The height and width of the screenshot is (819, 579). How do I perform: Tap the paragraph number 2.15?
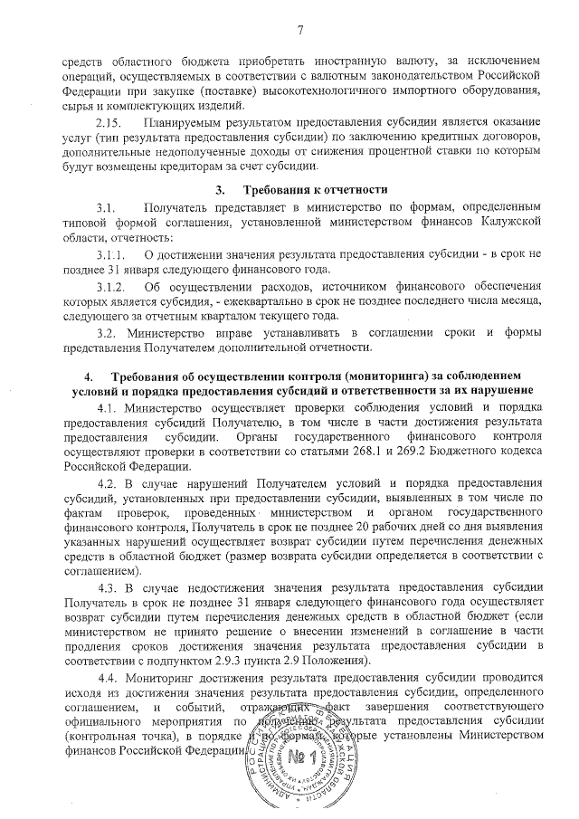pyautogui.click(x=109, y=122)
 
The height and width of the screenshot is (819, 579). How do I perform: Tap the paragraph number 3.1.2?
pyautogui.click(x=111, y=287)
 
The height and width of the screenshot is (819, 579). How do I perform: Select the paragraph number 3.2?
pyautogui.click(x=107, y=335)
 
